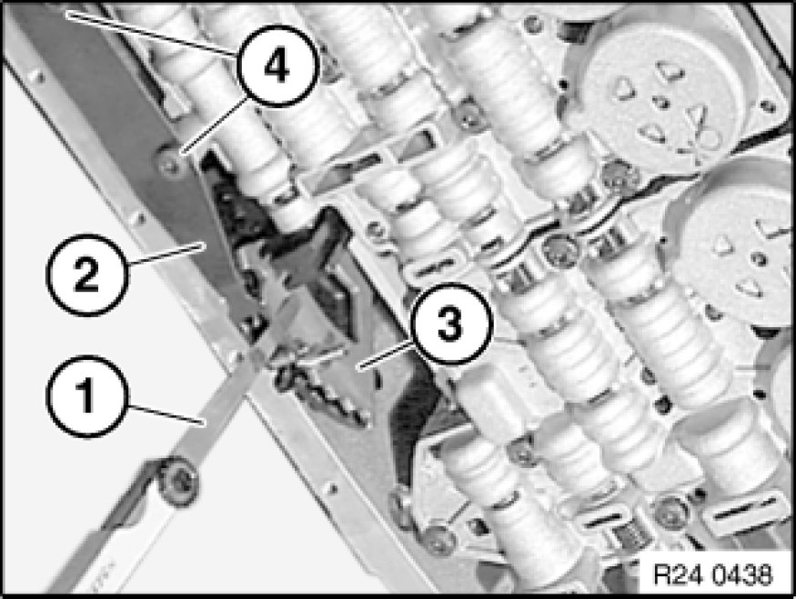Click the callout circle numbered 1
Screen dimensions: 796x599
click(86, 396)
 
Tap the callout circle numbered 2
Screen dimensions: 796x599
click(87, 275)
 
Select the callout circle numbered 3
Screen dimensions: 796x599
click(451, 324)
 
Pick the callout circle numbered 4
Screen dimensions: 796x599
click(278, 66)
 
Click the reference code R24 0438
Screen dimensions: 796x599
click(712, 574)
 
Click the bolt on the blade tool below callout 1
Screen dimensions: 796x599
click(178, 482)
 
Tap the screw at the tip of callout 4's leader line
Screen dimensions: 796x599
click(170, 161)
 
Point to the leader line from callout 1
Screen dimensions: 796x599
click(166, 414)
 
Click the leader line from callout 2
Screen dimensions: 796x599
click(165, 253)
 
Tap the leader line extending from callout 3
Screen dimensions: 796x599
click(386, 354)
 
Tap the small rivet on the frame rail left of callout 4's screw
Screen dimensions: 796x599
click(137, 218)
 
